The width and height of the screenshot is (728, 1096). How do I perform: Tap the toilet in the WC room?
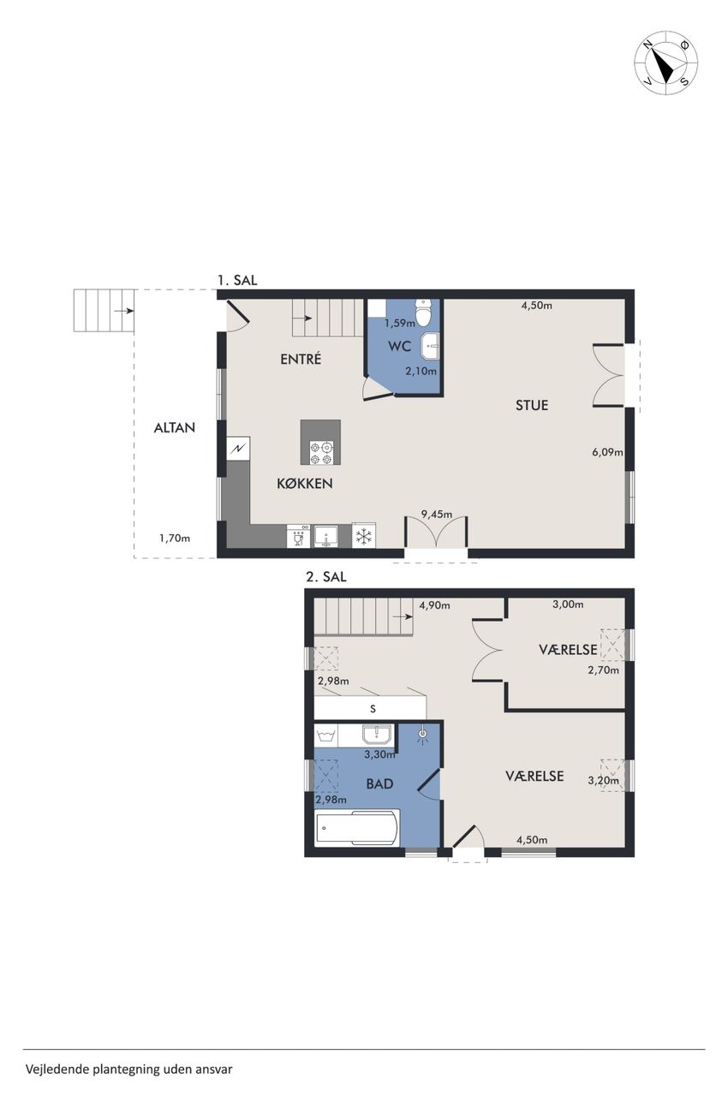tap(422, 312)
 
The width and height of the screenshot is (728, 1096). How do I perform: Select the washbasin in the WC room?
tap(430, 346)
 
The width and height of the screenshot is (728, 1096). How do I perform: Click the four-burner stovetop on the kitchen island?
tap(320, 453)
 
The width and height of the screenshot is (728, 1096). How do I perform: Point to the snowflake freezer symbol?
tap(363, 536)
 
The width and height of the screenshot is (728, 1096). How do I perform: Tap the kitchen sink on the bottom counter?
tap(325, 536)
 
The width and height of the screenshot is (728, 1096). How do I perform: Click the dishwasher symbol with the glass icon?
tap(298, 536)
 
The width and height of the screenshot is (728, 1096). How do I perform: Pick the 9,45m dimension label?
tap(437, 514)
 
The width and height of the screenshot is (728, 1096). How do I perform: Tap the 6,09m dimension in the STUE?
tap(607, 452)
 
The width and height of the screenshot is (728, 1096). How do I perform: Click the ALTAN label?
tap(174, 427)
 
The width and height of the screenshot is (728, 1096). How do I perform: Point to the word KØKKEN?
tap(305, 484)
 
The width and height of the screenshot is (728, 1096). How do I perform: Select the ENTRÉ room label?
tap(301, 359)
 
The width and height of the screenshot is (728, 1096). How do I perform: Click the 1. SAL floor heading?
tap(237, 280)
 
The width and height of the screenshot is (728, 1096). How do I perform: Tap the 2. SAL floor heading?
tap(326, 577)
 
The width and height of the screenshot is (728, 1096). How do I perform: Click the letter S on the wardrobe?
tap(373, 708)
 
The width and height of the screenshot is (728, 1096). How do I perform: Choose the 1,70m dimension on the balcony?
tap(175, 539)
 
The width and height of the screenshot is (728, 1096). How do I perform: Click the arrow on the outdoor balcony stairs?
tap(123, 310)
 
